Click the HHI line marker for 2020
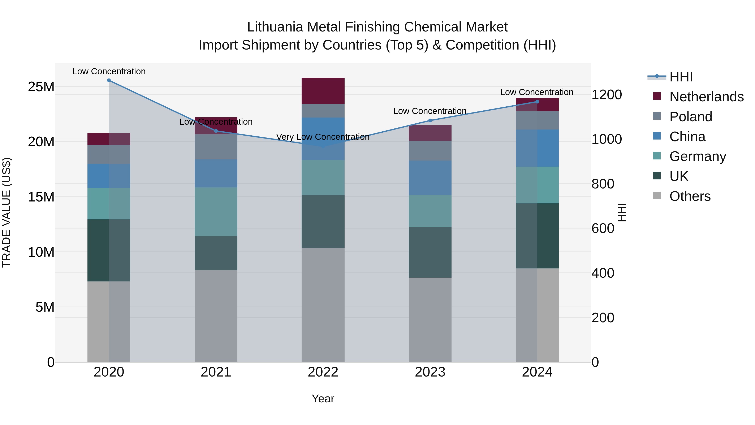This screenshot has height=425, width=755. [109, 80]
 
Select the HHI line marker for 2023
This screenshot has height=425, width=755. [430, 120]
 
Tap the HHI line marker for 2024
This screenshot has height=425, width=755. [537, 102]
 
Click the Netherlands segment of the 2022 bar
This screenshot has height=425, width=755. [323, 91]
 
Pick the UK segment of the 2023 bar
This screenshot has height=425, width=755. [430, 252]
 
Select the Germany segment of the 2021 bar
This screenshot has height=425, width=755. [216, 212]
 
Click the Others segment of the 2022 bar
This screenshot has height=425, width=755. [323, 305]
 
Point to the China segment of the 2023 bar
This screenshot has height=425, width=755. [430, 178]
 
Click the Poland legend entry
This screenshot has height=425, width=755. [691, 117]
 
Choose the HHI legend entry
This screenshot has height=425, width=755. [681, 77]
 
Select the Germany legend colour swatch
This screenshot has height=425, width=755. [657, 156]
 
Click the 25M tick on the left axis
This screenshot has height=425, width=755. [41, 87]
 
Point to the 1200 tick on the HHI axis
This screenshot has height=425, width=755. [606, 95]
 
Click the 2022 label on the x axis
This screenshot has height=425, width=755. [323, 372]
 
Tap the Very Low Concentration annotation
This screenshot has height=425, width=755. [323, 137]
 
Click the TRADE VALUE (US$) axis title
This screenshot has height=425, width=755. [7, 212]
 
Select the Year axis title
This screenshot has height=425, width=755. [323, 399]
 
